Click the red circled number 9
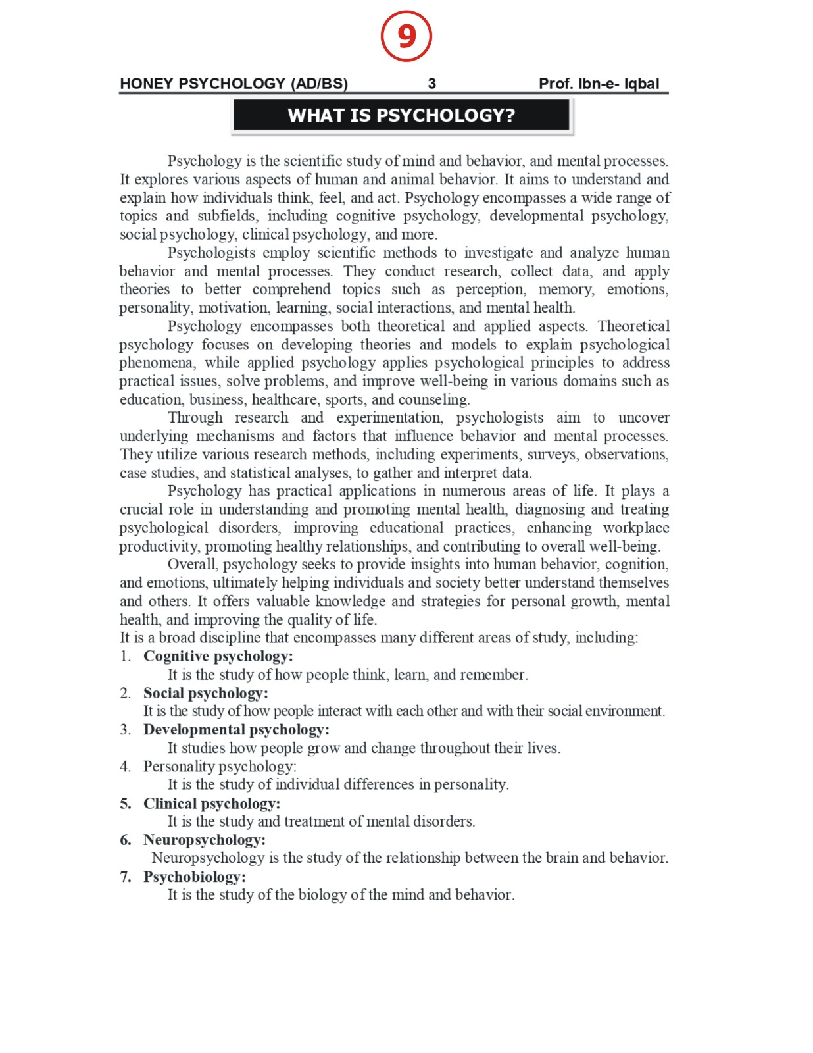pyautogui.click(x=406, y=36)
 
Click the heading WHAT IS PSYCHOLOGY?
pyautogui.click(x=401, y=116)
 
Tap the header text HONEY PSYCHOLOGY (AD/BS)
pyautogui.click(x=234, y=84)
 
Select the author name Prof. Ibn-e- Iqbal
pyautogui.click(x=599, y=84)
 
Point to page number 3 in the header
pyautogui.click(x=431, y=84)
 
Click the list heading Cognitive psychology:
pyautogui.click(x=218, y=656)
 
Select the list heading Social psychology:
pyautogui.click(x=206, y=693)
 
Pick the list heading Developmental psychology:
pyautogui.click(x=236, y=730)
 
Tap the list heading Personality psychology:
pyautogui.click(x=220, y=767)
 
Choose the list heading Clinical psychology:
pyautogui.click(x=212, y=804)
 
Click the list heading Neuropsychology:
pyautogui.click(x=205, y=840)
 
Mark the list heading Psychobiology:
pyautogui.click(x=195, y=877)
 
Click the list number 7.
pyautogui.click(x=125, y=877)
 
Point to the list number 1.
pyautogui.click(x=125, y=656)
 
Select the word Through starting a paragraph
pyautogui.click(x=195, y=418)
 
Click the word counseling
pyautogui.click(x=436, y=399)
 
